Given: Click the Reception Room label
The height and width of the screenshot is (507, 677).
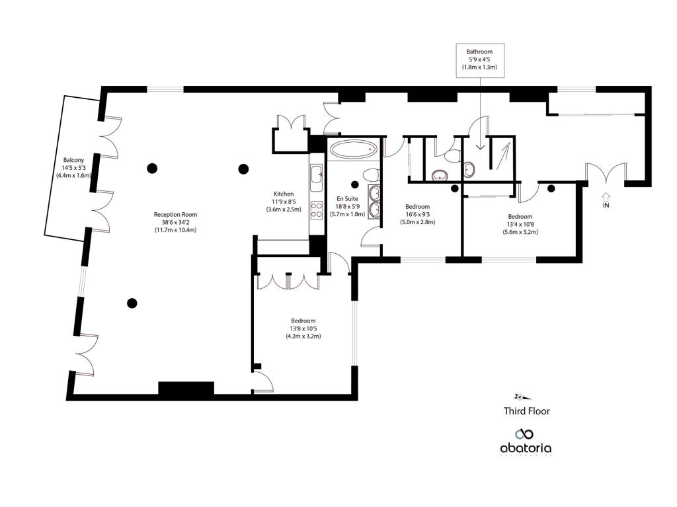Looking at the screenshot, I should tap(175, 214).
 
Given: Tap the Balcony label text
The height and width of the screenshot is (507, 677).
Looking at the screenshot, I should tap(73, 161).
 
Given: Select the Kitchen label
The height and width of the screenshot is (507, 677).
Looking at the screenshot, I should tap(284, 194).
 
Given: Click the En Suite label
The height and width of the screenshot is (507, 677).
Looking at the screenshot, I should tap(347, 198).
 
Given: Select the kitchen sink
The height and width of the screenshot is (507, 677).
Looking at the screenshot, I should tap(316, 174).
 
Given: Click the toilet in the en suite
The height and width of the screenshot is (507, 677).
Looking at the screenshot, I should tap(370, 175).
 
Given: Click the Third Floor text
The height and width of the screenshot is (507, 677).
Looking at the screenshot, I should tap(526, 410).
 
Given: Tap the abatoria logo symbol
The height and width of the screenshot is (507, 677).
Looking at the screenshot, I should tap(525, 434).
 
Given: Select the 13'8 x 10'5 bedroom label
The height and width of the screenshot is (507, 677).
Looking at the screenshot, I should tap(299, 328).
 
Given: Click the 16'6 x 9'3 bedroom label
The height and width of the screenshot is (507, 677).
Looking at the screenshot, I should tap(418, 214).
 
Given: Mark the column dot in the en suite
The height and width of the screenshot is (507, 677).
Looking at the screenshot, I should tap(355, 184).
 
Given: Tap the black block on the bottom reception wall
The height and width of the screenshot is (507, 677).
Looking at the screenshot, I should tap(186, 389).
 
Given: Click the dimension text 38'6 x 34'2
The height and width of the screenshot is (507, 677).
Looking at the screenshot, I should tap(175, 222).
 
